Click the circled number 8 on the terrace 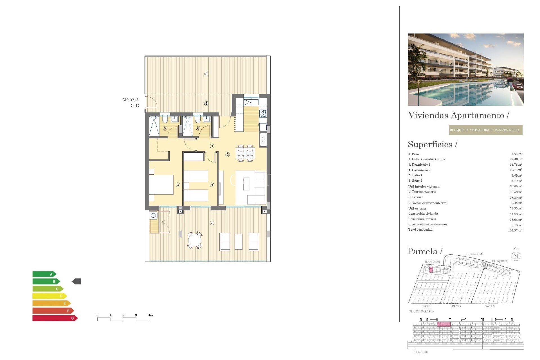click(x=206, y=74)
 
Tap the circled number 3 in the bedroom click(x=178, y=185)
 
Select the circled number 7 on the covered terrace click(x=212, y=223)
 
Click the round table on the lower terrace click(x=195, y=240)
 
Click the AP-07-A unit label click(x=130, y=100)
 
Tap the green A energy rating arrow click(x=44, y=274)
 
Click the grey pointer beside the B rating click(x=76, y=281)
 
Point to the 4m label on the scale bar click(x=151, y=315)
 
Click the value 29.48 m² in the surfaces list click(x=516, y=159)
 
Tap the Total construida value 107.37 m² click(x=515, y=230)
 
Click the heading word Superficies click(x=430, y=144)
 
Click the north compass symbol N click(x=516, y=256)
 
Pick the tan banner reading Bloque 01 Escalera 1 click(x=485, y=130)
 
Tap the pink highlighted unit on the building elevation click(x=444, y=324)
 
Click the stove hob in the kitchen click(x=263, y=113)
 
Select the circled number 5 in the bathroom click(x=165, y=128)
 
